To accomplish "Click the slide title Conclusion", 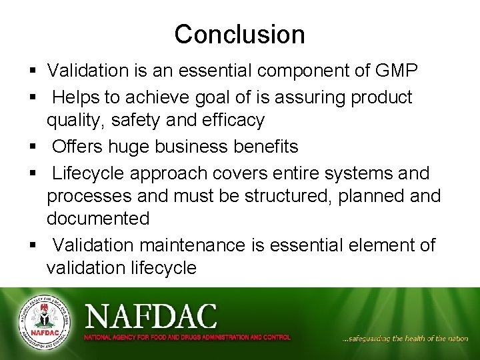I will [239, 34].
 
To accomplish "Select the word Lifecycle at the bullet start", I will [89, 173].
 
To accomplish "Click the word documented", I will [98, 219].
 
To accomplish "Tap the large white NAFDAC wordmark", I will [151, 315].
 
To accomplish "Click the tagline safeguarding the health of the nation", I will [405, 339].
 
